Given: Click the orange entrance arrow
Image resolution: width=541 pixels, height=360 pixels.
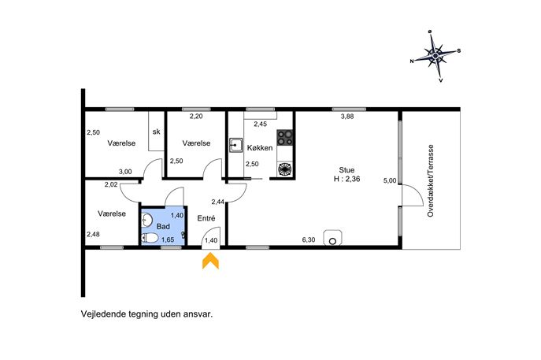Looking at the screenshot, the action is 210,262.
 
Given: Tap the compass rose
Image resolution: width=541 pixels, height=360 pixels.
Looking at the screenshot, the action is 435,56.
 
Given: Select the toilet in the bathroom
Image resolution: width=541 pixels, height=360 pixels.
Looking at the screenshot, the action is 150,238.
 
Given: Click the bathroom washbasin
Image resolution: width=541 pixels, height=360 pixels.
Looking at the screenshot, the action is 147,220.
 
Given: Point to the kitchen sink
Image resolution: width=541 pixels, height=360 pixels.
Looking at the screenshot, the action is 236,145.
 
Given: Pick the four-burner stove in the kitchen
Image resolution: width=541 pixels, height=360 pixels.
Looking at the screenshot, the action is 285,137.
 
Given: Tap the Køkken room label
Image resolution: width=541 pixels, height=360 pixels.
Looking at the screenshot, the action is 260,148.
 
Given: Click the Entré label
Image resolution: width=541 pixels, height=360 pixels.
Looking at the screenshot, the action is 206,218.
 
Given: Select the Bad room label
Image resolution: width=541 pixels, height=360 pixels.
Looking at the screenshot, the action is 163,226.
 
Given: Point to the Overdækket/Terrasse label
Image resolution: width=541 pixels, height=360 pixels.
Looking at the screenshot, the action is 430,180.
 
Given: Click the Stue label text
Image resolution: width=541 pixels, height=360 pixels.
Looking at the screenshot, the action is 346,170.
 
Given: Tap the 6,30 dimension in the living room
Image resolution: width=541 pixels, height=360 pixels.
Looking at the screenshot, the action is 309,239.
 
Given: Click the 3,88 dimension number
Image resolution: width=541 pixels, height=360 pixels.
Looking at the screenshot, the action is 347,117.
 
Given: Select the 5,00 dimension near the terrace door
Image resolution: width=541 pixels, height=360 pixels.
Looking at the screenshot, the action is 390,180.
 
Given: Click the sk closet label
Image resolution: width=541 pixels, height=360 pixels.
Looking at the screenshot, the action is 156,132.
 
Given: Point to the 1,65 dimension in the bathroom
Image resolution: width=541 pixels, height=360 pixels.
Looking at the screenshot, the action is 168,239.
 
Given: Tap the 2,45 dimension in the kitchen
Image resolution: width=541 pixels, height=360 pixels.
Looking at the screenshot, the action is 261,124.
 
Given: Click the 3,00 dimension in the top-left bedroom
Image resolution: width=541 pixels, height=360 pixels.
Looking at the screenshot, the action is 125,172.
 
